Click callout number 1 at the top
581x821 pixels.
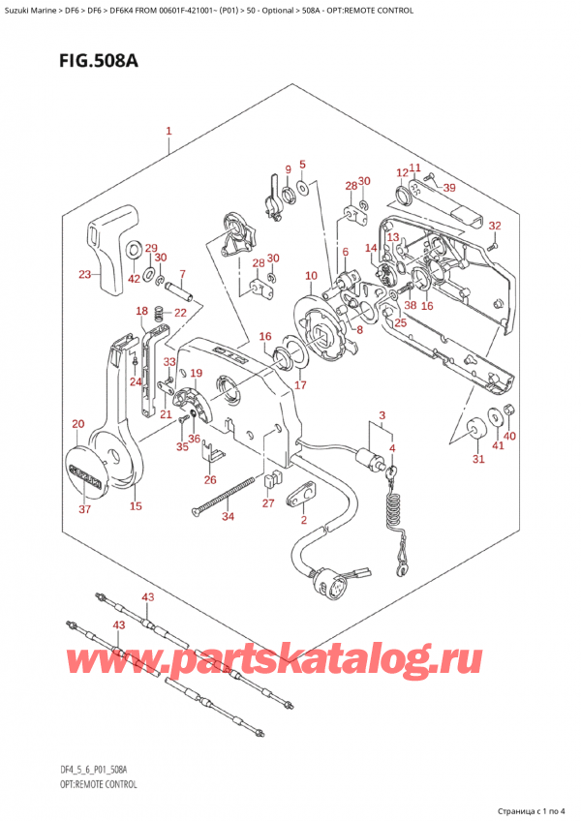pos(168,131)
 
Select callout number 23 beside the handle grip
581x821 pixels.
pos(84,275)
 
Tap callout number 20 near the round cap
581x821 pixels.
pos(78,424)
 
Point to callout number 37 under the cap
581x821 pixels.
pos(84,509)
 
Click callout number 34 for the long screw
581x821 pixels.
pos(228,516)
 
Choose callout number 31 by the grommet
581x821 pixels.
pos(477,459)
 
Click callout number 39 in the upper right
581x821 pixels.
pos(449,187)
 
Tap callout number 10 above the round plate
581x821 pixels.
pos(310,276)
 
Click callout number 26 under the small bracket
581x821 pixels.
pos(210,479)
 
